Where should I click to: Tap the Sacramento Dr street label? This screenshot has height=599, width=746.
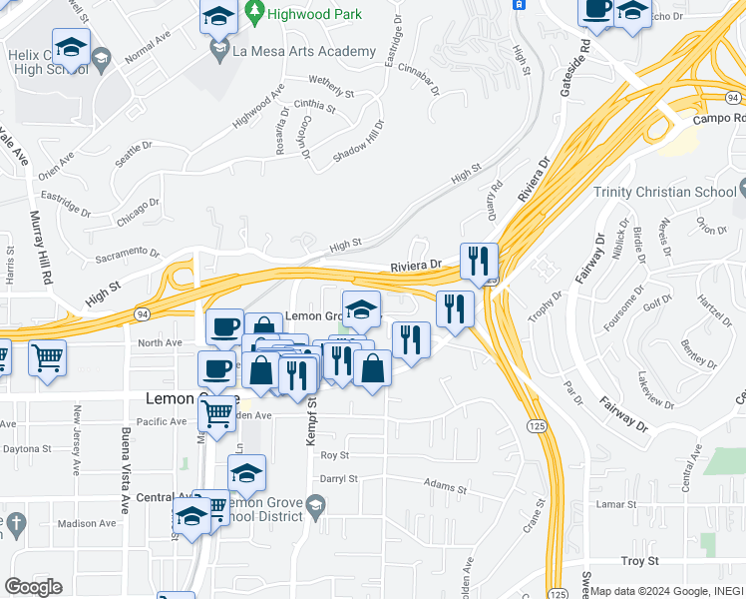[128, 256]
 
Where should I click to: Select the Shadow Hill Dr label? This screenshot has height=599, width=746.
[357, 141]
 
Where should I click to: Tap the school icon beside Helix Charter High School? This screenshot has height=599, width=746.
[71, 47]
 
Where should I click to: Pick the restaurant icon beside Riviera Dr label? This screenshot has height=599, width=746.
[479, 263]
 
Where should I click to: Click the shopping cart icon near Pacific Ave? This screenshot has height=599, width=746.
[216, 413]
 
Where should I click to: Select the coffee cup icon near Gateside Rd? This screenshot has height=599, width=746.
[597, 10]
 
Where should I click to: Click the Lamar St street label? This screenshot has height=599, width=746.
[615, 505]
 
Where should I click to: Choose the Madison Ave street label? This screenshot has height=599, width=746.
[86, 523]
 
